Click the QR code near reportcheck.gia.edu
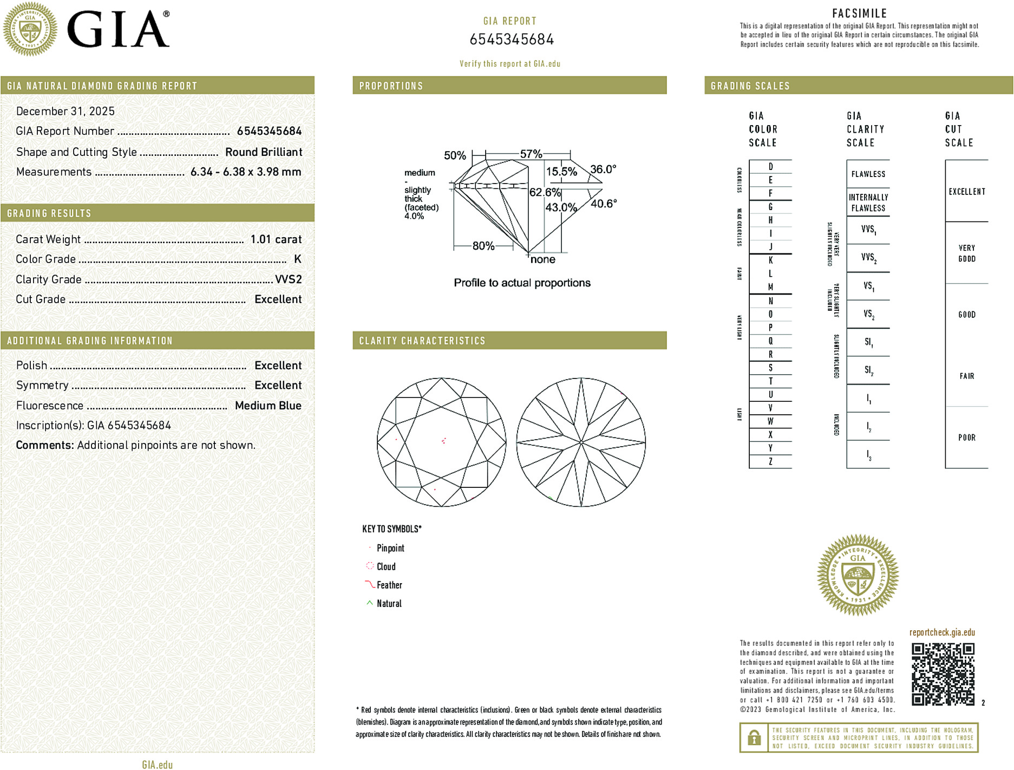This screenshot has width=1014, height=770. click(943, 674)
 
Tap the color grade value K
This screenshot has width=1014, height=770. click(297, 259)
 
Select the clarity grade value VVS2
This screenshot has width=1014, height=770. click(288, 279)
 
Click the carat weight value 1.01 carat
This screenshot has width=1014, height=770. click(276, 239)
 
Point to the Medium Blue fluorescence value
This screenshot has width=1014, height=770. click(268, 406)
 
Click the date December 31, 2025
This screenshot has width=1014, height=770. click(66, 111)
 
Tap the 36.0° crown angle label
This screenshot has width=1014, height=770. click(603, 169)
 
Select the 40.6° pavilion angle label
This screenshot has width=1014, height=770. click(604, 204)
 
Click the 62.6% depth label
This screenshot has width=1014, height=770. click(545, 193)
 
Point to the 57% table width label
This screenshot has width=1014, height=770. click(531, 154)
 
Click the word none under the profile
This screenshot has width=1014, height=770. click(542, 260)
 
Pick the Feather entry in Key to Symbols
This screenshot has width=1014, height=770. click(389, 585)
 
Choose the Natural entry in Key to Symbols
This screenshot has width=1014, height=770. click(389, 604)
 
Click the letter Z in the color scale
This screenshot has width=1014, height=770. click(770, 462)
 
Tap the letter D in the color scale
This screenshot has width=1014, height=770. click(770, 167)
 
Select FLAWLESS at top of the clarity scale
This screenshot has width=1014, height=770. click(868, 174)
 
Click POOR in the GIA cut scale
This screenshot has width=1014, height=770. click(966, 438)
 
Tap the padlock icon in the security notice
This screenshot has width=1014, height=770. click(754, 738)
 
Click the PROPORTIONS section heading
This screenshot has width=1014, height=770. click(391, 86)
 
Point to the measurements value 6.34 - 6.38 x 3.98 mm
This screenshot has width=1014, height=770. click(246, 172)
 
